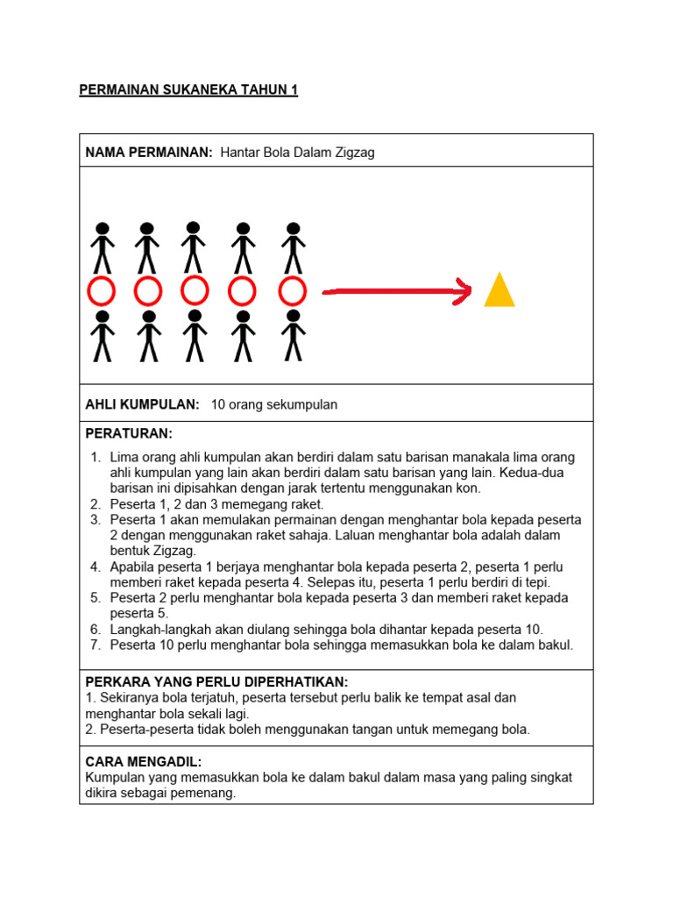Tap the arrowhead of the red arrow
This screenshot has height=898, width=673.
click(462, 291)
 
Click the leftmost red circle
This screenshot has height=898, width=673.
click(102, 291)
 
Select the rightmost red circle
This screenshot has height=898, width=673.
click(293, 291)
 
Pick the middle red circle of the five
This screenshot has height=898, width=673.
click(195, 291)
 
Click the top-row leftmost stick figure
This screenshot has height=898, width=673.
click(103, 247)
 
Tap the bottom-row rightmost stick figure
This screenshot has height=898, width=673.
click(294, 335)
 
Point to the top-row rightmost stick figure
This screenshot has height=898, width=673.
click(294, 247)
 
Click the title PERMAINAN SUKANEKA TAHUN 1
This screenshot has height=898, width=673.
click(188, 90)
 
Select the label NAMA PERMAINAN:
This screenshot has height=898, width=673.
click(149, 153)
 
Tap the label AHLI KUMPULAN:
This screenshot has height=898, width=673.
click(142, 404)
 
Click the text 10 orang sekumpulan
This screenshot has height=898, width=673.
click(274, 404)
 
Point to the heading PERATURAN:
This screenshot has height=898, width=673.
click(129, 434)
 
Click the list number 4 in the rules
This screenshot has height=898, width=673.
click(96, 567)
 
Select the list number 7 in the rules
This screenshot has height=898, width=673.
click(96, 645)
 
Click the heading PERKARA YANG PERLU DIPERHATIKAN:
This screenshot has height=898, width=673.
click(216, 682)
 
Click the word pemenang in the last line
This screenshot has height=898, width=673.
click(204, 794)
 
